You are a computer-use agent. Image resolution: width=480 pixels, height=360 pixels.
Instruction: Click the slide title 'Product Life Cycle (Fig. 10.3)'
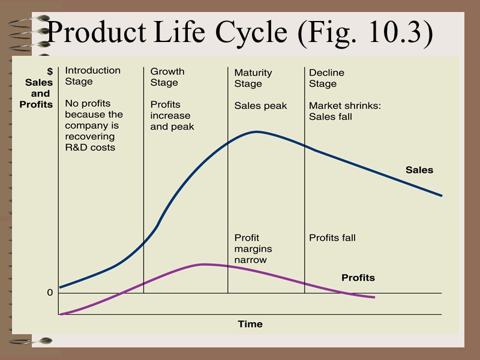[x=240, y=32]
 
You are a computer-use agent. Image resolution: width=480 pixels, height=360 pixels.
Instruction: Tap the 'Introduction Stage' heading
[x=92, y=76]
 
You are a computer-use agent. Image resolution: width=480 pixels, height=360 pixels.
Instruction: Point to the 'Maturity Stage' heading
[x=253, y=78]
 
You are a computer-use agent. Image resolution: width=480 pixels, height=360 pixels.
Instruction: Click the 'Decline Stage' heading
[x=326, y=78]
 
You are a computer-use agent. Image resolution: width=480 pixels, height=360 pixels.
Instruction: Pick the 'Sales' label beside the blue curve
[x=419, y=170]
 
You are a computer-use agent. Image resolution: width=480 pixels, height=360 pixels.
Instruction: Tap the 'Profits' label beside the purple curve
[x=358, y=278]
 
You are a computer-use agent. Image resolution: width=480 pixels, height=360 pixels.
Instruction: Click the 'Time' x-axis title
[x=250, y=324]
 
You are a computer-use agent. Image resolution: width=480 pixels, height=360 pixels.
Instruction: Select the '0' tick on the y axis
[x=50, y=293]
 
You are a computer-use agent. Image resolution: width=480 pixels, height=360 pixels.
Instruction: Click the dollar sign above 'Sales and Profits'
[x=50, y=71]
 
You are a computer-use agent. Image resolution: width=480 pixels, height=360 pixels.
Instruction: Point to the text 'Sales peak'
[x=260, y=106]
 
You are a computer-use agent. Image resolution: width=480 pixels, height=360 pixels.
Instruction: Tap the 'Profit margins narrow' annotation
[x=253, y=249]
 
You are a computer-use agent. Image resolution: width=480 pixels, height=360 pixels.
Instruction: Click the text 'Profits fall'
[x=332, y=238]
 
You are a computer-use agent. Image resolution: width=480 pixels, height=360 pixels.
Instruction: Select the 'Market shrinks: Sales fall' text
[x=345, y=111]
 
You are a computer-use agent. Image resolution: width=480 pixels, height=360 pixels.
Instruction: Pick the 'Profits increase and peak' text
[x=172, y=115]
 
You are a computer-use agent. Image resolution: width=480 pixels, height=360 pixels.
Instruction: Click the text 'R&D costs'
[x=90, y=147]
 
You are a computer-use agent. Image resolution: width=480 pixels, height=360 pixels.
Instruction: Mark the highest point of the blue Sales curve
[x=257, y=131]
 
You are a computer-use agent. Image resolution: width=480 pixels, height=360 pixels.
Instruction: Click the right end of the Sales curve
[x=442, y=196]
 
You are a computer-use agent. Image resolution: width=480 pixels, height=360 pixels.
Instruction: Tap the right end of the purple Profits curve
[x=374, y=297]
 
